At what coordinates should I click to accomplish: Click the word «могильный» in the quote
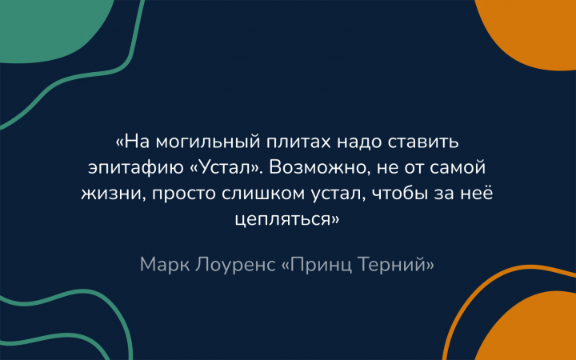click(x=207, y=142)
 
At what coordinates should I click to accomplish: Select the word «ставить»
click(x=423, y=142)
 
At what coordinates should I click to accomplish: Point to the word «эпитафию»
click(x=136, y=169)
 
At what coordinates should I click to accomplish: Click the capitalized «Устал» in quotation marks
click(x=224, y=169)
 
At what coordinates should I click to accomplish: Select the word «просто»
click(x=183, y=194)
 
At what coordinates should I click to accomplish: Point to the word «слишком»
click(x=263, y=194)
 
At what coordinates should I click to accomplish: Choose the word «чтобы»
click(x=400, y=194)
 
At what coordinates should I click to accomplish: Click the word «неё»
click(x=477, y=193)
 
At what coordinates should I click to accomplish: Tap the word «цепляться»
click(x=283, y=220)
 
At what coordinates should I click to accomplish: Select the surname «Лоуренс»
click(x=235, y=265)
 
